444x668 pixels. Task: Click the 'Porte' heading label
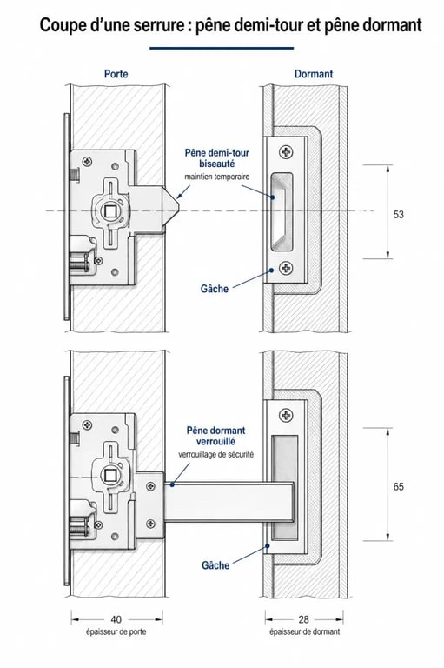click(116, 74)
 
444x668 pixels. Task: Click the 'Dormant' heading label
click(314, 74)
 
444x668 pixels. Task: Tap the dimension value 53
click(398, 214)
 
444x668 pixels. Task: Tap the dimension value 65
click(398, 486)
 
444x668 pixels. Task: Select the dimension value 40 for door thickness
click(116, 619)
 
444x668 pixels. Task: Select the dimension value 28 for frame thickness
click(303, 619)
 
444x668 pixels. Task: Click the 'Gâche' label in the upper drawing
click(215, 289)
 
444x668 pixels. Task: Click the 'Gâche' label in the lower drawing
click(215, 565)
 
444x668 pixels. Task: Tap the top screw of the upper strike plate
click(286, 151)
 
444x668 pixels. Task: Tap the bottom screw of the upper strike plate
click(286, 268)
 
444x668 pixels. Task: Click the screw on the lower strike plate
click(286, 415)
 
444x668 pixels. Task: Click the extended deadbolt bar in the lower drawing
click(229, 501)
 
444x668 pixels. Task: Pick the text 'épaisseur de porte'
click(116, 631)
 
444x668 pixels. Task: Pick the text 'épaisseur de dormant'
click(305, 631)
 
